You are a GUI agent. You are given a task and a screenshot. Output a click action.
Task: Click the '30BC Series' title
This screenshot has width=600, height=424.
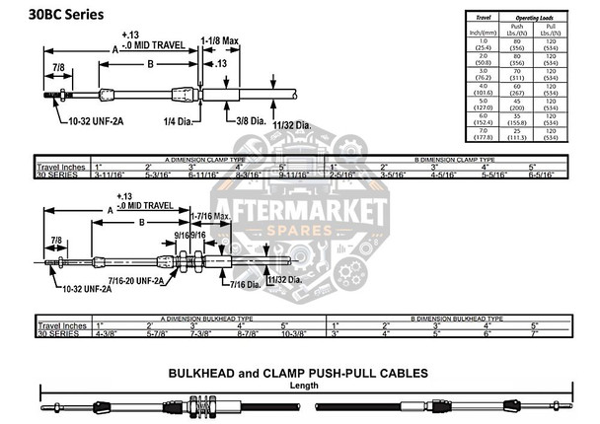[61, 17]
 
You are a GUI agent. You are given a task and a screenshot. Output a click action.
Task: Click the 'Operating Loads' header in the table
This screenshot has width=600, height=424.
[537, 18]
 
